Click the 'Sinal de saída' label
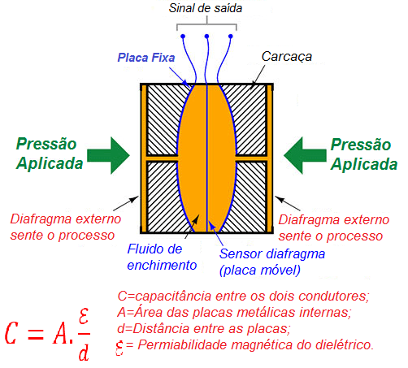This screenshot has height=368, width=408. (x=208, y=9)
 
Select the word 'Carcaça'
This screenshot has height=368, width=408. (x=287, y=57)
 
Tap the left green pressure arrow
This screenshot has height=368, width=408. (x=107, y=154)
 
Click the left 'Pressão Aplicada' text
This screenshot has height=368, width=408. (x=49, y=153)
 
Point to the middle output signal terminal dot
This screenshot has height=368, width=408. (x=208, y=37)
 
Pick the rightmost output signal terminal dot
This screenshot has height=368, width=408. (x=233, y=37)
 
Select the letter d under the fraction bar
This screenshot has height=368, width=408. (x=83, y=353)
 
